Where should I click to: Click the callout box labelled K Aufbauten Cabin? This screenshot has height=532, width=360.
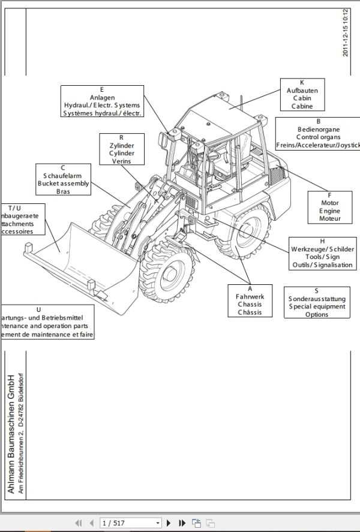302,94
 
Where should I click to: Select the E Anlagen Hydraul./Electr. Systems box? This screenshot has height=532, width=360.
102,101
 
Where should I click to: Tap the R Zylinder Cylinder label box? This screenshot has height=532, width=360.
122,149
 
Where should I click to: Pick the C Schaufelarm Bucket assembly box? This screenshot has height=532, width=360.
63,179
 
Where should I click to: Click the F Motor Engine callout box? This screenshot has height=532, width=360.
329,207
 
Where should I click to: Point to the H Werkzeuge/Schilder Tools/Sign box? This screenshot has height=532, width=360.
322,253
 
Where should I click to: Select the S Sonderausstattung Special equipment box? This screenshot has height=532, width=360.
316,302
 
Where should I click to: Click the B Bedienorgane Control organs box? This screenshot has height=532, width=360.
318,133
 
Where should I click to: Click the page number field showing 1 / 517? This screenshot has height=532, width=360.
131,523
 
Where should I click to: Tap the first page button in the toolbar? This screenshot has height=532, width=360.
77,523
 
